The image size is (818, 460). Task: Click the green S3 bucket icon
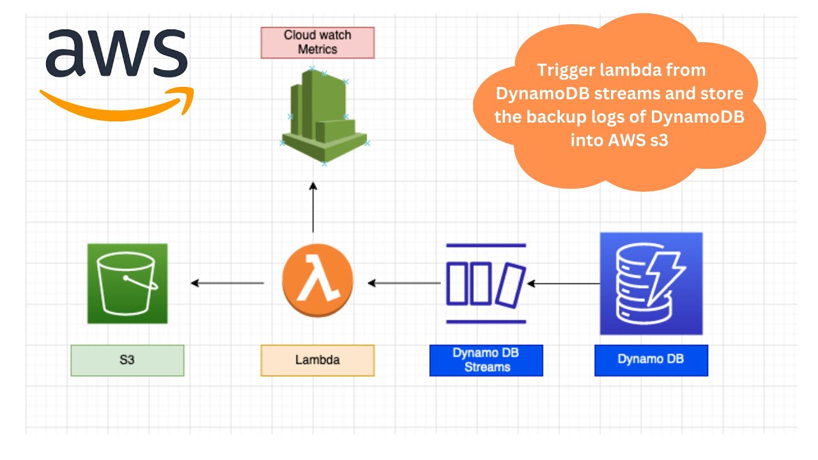click(127, 283)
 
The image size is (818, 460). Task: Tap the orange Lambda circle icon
click(317, 282)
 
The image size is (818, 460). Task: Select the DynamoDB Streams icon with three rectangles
click(486, 283)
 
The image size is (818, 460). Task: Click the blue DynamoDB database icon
click(651, 283)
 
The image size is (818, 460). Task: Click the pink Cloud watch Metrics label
click(318, 42)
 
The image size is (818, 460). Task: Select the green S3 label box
click(127, 360)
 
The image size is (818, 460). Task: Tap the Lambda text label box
click(318, 360)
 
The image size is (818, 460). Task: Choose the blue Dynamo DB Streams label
click(486, 360)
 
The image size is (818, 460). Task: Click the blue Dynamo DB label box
click(651, 360)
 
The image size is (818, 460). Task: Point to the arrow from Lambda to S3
click(228, 283)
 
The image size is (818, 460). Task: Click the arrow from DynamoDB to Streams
click(563, 283)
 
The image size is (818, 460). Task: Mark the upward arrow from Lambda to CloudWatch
click(313, 207)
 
